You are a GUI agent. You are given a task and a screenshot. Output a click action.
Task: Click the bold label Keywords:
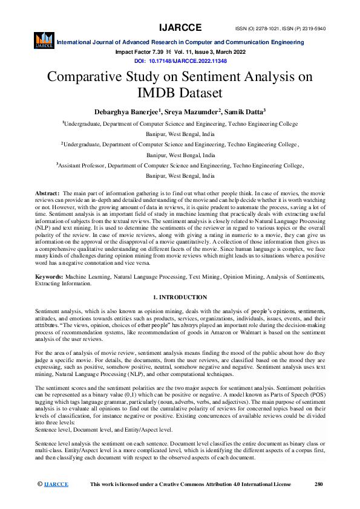tap(51, 276)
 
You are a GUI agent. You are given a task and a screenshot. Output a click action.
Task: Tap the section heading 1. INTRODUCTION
tap(180, 297)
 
